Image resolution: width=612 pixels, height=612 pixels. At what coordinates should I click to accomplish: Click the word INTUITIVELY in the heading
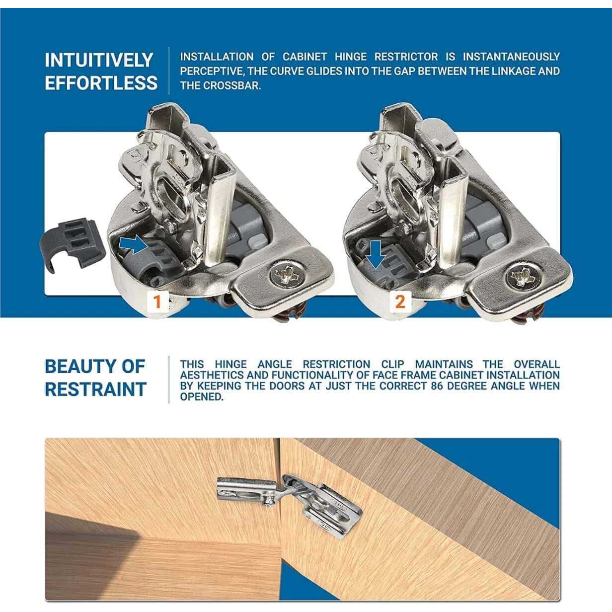pos(99,60)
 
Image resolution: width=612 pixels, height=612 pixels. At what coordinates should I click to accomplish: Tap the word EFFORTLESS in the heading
pos(101,83)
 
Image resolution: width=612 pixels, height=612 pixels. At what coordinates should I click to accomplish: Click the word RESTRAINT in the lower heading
pos(95,389)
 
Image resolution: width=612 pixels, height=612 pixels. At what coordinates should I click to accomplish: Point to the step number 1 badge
pos(157,302)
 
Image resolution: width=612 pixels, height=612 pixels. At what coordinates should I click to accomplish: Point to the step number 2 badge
pos(400,302)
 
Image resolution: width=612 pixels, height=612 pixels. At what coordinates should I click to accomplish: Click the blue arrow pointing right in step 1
pos(134,245)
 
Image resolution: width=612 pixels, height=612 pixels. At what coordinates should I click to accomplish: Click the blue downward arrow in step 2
pos(377,254)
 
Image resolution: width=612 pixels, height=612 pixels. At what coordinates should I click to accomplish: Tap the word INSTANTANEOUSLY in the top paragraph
pos(511,57)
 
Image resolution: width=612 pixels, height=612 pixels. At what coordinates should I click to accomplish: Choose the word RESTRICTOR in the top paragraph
pos(406,57)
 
